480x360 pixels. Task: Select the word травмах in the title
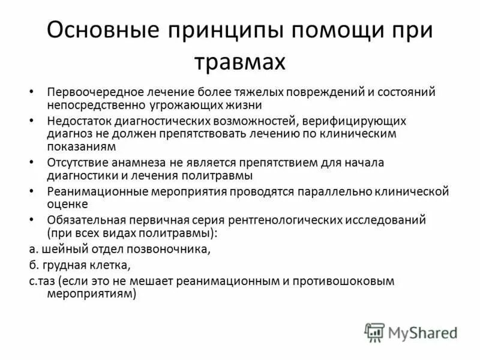tap(240, 62)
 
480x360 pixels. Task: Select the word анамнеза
tap(134, 162)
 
